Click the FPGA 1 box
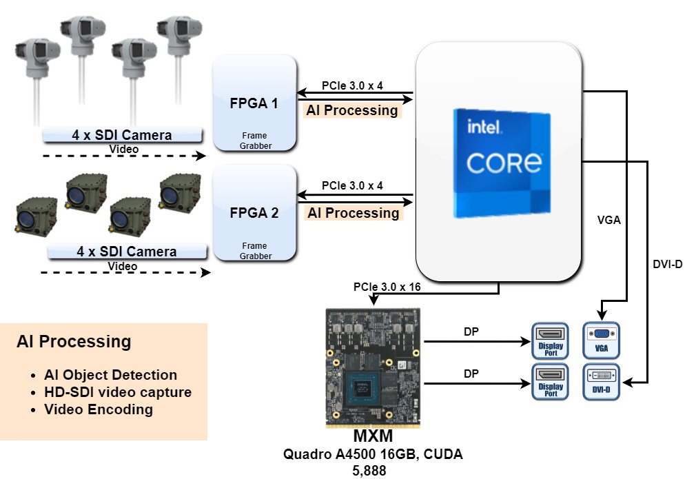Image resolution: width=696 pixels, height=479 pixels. [254, 103]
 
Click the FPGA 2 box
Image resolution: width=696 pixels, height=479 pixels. [254, 212]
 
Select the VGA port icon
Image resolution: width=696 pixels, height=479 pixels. [602, 339]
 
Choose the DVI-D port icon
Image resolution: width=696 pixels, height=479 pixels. [602, 380]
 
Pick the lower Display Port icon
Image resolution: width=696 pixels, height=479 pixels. [551, 380]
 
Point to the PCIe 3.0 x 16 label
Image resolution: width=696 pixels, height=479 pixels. [387, 287]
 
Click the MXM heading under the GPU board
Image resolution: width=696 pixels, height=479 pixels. [373, 437]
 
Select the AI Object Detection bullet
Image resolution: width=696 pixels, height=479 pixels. [110, 375]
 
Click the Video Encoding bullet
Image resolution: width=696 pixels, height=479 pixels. [98, 409]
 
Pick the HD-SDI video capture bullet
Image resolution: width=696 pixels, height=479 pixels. [117, 392]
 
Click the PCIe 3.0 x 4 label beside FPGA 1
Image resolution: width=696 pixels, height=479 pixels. [352, 86]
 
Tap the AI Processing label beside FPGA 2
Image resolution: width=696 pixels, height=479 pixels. [353, 213]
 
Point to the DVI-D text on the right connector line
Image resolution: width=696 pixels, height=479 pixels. [667, 263]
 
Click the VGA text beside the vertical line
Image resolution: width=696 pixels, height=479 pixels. [608, 221]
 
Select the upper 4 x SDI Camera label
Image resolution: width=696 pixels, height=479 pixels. [123, 134]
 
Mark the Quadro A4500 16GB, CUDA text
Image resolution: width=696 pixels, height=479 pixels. [373, 455]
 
